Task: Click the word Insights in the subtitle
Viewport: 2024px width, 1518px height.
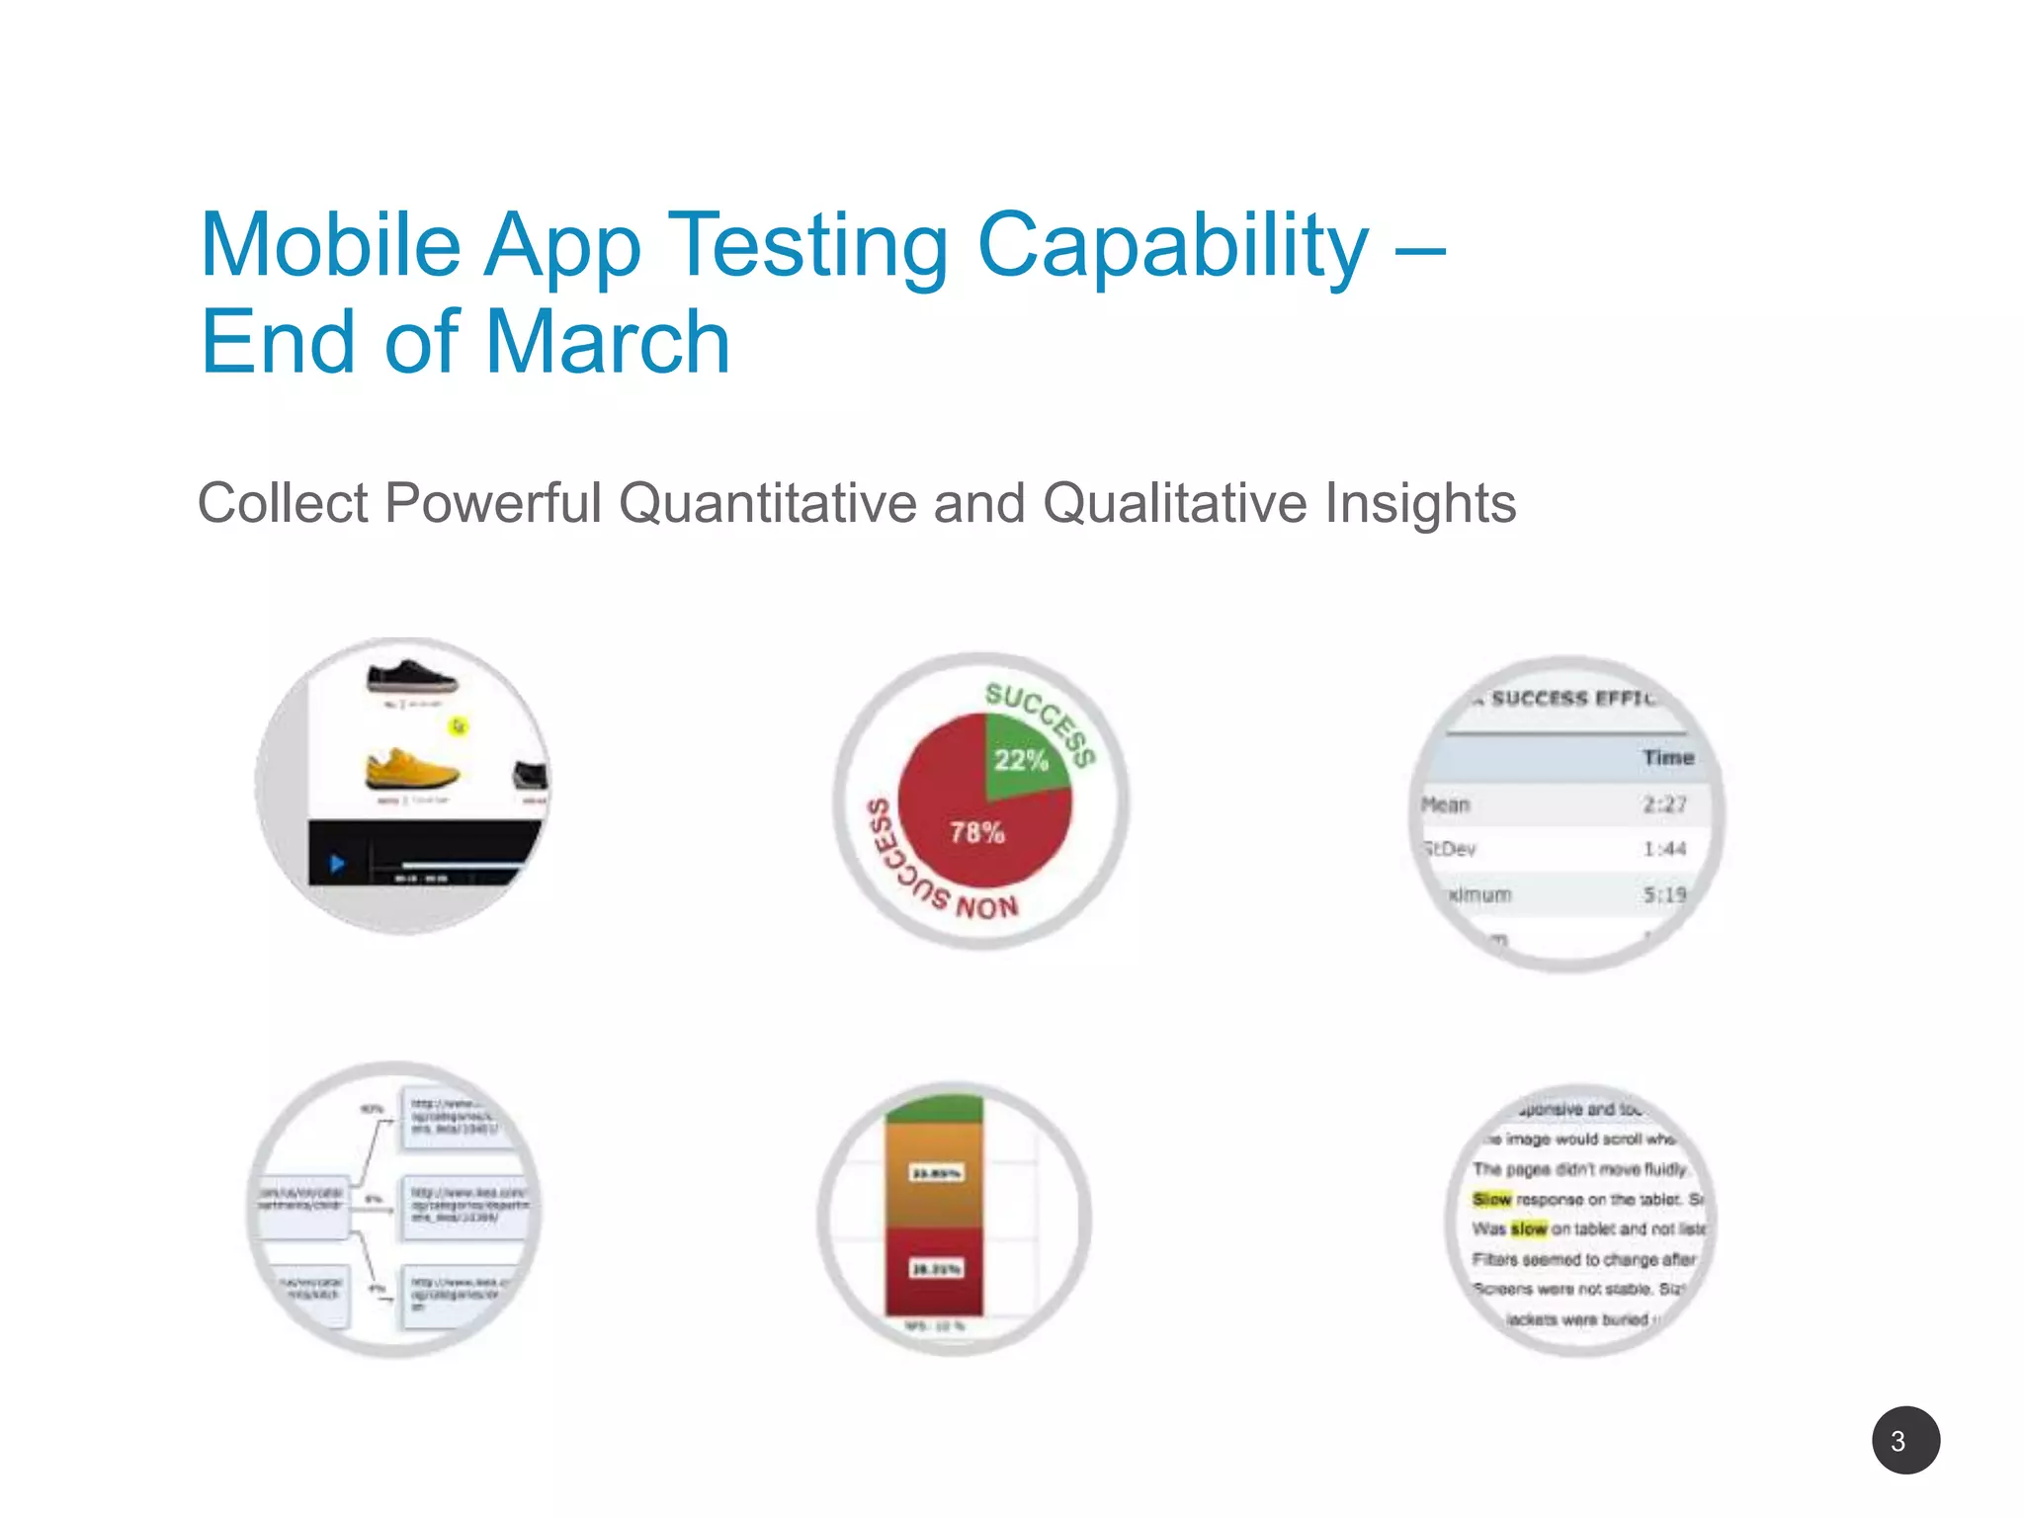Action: pos(1419,503)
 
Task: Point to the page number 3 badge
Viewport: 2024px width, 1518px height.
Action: pos(1905,1440)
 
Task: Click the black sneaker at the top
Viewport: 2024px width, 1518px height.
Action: pos(411,678)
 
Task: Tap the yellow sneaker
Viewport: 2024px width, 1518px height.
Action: pos(411,770)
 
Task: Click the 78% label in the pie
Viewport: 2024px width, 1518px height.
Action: pos(977,832)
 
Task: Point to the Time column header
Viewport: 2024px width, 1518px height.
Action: pos(1668,758)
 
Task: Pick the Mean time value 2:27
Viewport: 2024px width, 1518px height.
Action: pos(1664,804)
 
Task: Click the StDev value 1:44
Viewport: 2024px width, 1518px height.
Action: pos(1664,849)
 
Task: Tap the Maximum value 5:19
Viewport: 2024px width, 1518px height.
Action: pos(1664,894)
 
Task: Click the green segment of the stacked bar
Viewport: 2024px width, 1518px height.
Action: pos(934,1109)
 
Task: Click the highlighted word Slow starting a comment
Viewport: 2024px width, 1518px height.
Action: pos(1491,1199)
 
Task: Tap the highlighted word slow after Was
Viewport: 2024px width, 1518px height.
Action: pos(1528,1228)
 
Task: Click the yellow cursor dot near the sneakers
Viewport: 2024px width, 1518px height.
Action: pos(459,726)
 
